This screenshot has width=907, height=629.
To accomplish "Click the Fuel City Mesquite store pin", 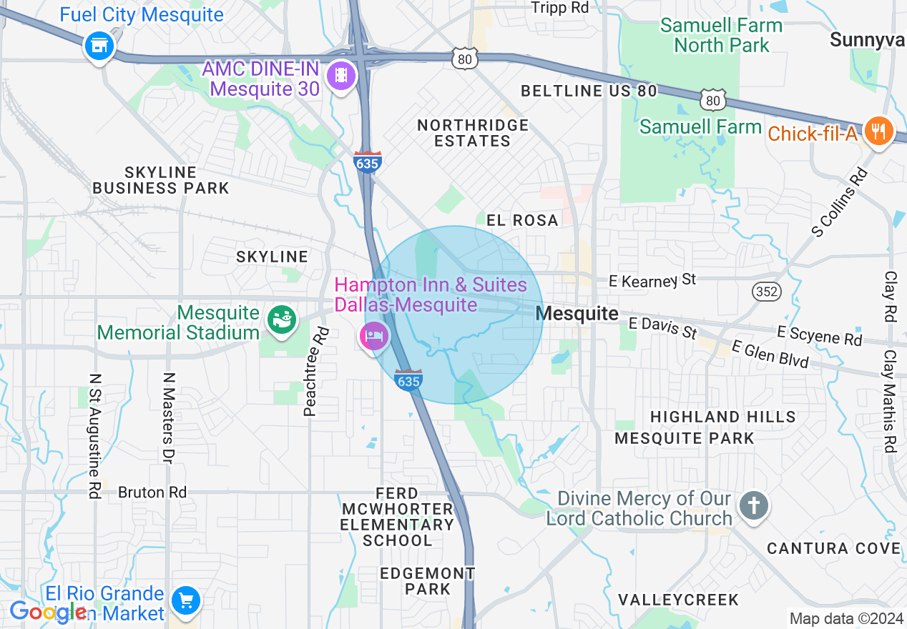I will click(x=99, y=47).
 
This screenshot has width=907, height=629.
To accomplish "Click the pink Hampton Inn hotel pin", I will click(x=374, y=335).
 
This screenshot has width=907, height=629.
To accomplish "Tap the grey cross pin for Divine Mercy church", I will click(x=754, y=506).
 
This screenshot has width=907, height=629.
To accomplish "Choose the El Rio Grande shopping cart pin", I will click(x=186, y=600).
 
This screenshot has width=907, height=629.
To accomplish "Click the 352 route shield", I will click(x=766, y=291).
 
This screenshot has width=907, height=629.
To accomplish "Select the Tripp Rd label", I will click(x=560, y=8).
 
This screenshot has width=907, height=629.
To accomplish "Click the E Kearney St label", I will click(x=652, y=280).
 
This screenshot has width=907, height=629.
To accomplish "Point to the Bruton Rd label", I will click(x=152, y=492).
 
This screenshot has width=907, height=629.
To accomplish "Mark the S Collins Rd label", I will click(x=839, y=202).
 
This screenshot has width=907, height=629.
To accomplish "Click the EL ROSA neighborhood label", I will click(x=522, y=220).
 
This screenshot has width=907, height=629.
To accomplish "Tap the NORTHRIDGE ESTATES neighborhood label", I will click(x=473, y=133).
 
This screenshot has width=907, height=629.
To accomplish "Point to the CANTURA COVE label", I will click(x=833, y=548).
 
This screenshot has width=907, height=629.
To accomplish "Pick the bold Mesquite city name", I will click(x=577, y=313).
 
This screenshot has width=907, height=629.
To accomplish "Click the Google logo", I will click(x=47, y=612).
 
